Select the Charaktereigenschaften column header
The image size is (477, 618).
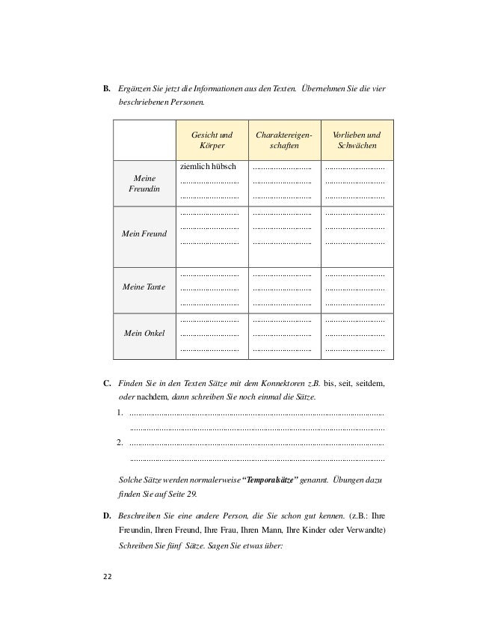coord(283,140)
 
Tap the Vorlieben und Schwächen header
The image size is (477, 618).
coord(356,140)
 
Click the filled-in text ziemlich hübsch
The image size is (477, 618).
coord(209,166)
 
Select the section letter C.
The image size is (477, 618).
coord(107,385)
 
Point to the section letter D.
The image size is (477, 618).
coord(107,516)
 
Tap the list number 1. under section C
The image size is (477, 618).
coord(121,413)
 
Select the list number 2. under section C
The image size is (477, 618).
coord(121,441)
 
